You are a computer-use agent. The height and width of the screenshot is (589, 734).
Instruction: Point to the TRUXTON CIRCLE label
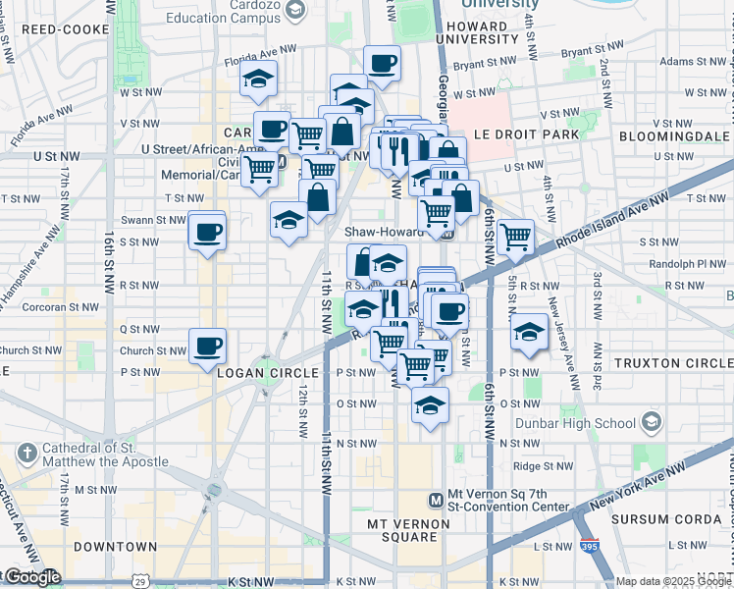(672, 363)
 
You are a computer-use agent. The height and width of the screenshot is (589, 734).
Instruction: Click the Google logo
(32, 576)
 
